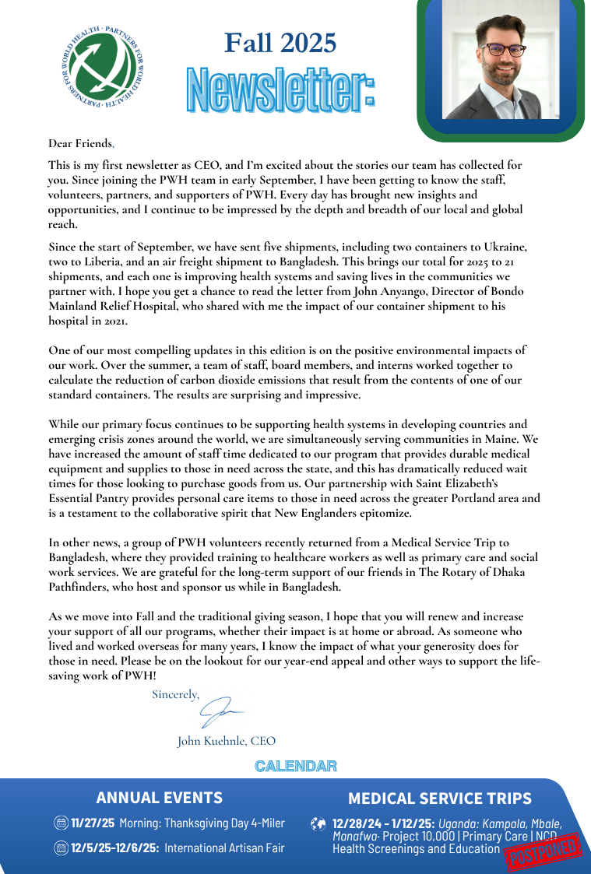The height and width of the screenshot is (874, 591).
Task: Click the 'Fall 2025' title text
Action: click(280, 43)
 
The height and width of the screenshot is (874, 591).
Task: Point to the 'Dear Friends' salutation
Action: click(80, 142)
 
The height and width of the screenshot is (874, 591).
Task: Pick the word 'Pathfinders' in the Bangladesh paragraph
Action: click(79, 587)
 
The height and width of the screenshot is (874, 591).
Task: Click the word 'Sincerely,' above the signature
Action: click(175, 694)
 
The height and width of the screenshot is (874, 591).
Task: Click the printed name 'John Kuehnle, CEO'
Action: click(227, 741)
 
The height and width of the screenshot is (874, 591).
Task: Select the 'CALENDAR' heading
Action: click(296, 767)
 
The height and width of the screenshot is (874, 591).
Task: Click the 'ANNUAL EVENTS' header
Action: click(160, 798)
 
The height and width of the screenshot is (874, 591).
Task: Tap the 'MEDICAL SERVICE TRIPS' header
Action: click(440, 799)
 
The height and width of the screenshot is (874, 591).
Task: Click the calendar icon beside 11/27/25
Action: click(61, 823)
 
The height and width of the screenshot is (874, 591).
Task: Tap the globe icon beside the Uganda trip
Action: click(318, 823)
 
